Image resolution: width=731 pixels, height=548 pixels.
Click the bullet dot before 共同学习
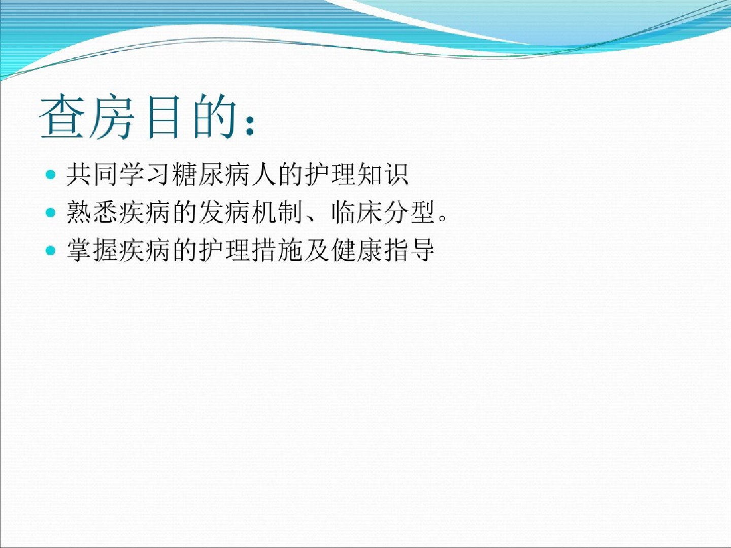click(50, 174)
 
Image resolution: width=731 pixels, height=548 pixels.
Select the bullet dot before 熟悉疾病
click(50, 212)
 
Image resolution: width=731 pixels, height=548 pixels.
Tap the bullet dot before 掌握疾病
click(50, 250)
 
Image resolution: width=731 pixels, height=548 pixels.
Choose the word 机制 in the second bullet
click(277, 212)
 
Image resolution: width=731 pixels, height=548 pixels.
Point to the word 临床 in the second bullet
click(356, 212)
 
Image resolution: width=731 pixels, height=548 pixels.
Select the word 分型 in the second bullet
click(409, 212)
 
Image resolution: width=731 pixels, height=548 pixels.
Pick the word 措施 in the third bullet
click(277, 250)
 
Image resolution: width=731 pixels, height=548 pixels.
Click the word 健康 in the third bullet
click(356, 250)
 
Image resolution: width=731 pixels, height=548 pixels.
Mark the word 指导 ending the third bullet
click(409, 250)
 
